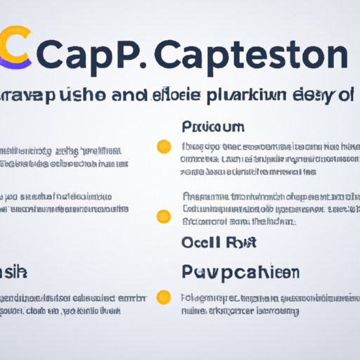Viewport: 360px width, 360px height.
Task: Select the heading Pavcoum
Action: [213, 128]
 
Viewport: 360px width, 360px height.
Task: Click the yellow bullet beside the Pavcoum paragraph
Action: [163, 147]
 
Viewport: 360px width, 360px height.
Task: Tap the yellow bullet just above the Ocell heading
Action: [163, 216]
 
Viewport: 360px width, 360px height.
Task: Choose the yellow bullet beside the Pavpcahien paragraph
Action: [163, 296]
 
